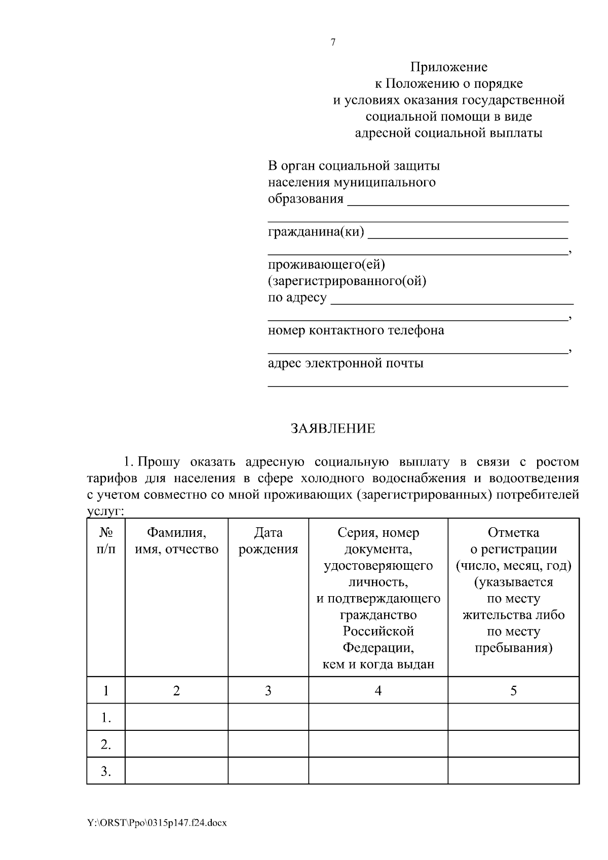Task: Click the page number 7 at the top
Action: point(333,43)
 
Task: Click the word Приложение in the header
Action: point(448,67)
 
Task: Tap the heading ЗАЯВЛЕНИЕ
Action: point(333,428)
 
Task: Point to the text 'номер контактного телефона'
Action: point(356,330)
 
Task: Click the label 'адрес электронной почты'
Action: point(346,363)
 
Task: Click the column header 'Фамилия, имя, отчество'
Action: point(176,541)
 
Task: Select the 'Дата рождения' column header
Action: point(268,541)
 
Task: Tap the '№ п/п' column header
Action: point(106,541)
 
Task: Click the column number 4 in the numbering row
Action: point(378,691)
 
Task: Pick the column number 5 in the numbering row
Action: point(513,691)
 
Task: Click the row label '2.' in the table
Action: point(106,745)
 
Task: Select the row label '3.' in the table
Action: point(106,771)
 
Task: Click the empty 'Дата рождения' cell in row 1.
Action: point(268,717)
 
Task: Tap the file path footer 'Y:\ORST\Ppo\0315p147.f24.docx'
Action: point(157,823)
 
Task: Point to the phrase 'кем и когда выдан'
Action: point(378,664)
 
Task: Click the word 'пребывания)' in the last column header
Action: point(513,648)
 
